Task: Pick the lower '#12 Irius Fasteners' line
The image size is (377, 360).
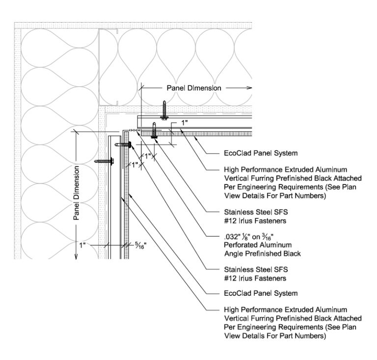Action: click(x=254, y=278)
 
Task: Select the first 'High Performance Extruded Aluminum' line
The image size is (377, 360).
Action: click(x=285, y=169)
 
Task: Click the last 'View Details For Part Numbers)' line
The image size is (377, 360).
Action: click(x=274, y=336)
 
